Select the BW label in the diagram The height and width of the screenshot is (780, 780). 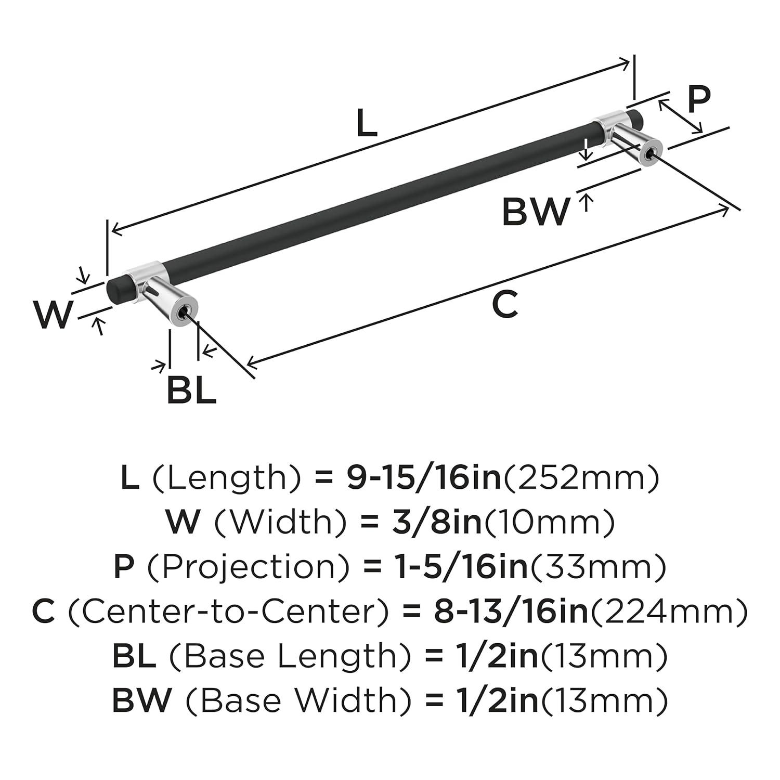[x=536, y=212]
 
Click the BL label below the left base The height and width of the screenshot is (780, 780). [x=191, y=391]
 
